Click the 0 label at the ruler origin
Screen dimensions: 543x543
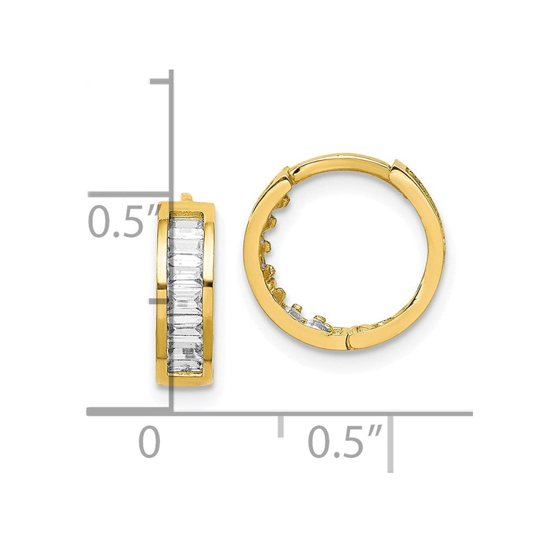tap(150, 442)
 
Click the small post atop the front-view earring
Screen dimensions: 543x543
tap(185, 196)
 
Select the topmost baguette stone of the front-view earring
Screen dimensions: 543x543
tap(186, 224)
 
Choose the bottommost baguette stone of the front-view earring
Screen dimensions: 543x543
tap(186, 363)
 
